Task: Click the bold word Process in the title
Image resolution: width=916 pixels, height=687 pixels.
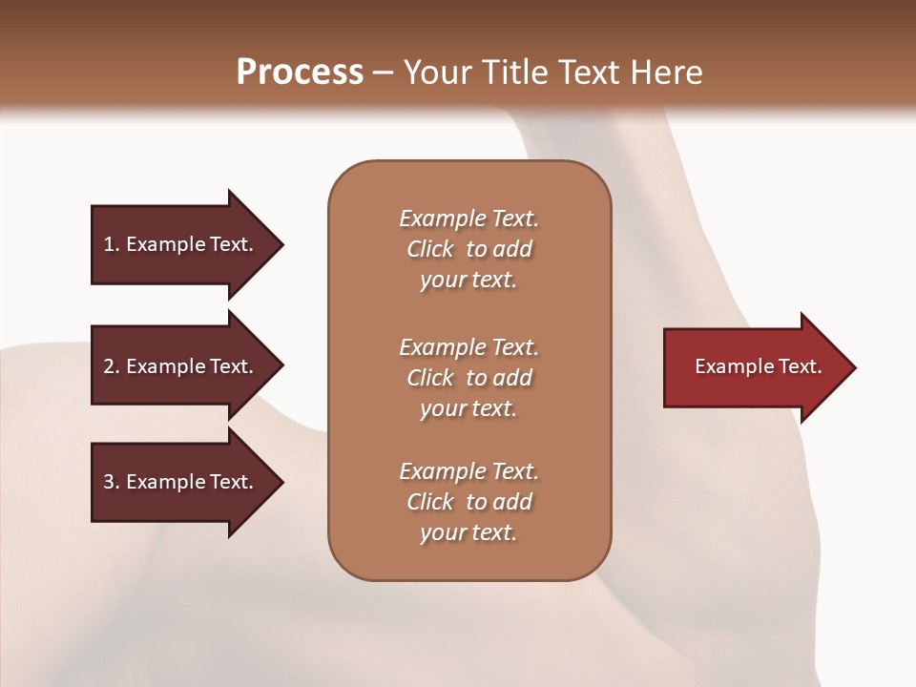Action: click(x=300, y=73)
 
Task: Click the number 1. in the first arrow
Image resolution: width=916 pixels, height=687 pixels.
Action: click(x=111, y=244)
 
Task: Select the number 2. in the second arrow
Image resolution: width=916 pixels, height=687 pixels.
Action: click(x=111, y=366)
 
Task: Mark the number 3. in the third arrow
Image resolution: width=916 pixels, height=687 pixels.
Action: click(x=111, y=482)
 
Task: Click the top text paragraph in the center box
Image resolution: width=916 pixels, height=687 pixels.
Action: click(x=468, y=249)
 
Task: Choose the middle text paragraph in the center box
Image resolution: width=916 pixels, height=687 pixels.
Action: click(x=468, y=378)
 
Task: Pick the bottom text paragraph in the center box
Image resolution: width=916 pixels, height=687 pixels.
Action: click(x=468, y=502)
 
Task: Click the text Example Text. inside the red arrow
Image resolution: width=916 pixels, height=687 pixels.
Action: click(x=758, y=366)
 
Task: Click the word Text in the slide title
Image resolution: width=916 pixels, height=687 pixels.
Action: click(x=592, y=73)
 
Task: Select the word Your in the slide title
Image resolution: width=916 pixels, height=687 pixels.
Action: click(x=436, y=73)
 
